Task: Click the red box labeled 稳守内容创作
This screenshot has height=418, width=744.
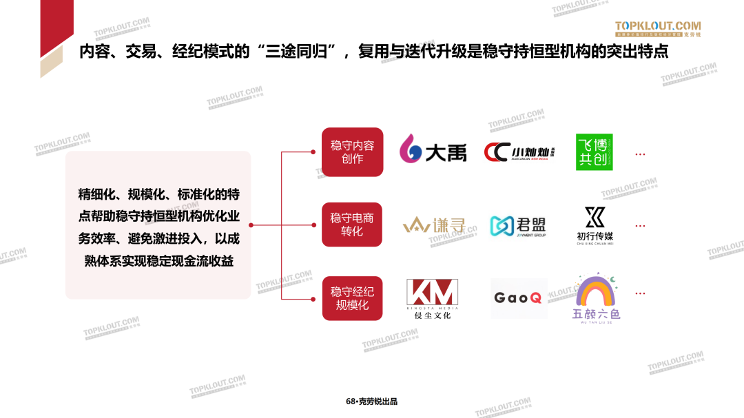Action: click(352, 152)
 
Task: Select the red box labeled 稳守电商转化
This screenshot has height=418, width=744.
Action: click(352, 224)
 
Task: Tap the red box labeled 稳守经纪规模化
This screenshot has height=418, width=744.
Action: click(352, 298)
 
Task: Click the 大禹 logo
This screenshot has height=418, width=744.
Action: click(433, 152)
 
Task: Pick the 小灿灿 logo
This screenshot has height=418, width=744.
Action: click(519, 152)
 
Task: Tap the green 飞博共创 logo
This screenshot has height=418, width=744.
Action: click(594, 152)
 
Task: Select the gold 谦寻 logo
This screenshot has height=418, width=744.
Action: click(434, 225)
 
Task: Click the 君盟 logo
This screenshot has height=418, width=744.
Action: click(518, 225)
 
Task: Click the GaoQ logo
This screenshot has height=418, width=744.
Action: click(518, 298)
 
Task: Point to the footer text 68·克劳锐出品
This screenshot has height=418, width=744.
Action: click(372, 401)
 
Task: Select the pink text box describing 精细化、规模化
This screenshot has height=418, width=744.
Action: click(158, 225)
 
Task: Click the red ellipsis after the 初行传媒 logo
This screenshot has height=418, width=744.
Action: click(640, 226)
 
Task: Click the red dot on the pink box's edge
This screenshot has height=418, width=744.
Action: click(251, 225)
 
